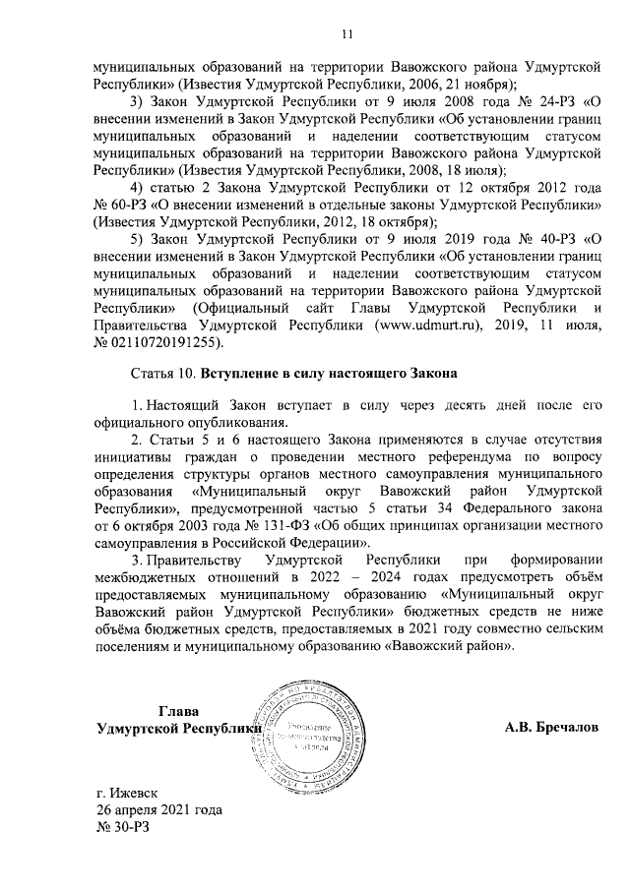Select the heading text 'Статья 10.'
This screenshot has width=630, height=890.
163,375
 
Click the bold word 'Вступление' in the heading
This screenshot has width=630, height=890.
241,375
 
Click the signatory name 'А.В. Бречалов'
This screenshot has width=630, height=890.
550,729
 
